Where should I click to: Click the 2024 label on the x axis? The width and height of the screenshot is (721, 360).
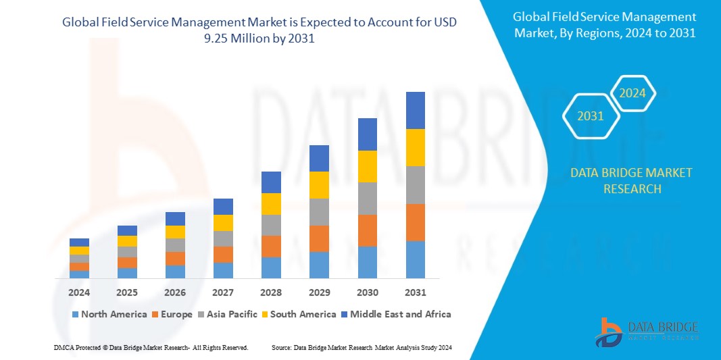tap(79, 292)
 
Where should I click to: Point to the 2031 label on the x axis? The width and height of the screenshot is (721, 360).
tap(415, 292)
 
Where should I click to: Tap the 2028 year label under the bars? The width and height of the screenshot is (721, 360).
tap(271, 292)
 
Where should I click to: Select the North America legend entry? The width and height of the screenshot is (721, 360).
tap(109, 314)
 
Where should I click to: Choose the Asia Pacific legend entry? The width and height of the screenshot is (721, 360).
tap(226, 314)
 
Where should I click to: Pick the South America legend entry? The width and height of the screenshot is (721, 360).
tap(298, 314)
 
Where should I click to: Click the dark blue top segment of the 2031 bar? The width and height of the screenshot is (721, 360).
tap(415, 110)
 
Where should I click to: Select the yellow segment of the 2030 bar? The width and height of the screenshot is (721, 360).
tap(367, 166)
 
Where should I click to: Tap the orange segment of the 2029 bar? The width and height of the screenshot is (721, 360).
tap(319, 238)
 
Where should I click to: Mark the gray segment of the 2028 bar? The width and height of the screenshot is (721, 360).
tap(271, 225)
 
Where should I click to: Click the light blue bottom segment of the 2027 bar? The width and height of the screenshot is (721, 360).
tap(223, 270)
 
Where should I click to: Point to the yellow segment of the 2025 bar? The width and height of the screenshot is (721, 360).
tap(127, 241)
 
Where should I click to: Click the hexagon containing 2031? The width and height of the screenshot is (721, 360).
tap(591, 116)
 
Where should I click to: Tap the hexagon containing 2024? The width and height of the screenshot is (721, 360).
tap(632, 93)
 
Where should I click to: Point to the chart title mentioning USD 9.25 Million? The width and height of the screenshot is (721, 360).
tap(259, 30)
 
